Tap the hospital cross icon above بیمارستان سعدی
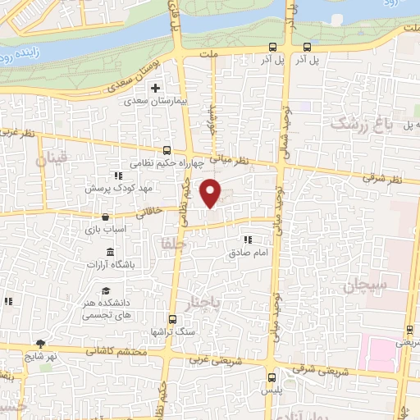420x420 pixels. tap(156, 88)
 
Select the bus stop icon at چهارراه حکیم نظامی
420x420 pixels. tap(167, 150)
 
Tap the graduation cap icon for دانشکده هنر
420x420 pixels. tap(106, 291)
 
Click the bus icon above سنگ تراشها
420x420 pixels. tap(172, 319)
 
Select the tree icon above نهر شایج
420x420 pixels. tap(39, 344)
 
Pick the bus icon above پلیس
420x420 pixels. tap(273, 378)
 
